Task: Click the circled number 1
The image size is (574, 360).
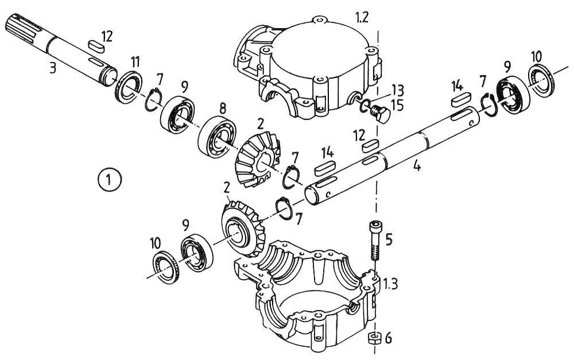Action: [108, 180]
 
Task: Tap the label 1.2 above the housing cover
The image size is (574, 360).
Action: [361, 17]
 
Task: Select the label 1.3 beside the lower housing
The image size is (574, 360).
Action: [390, 283]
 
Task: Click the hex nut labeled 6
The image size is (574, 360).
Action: [373, 338]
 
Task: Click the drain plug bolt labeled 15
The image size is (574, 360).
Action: [379, 113]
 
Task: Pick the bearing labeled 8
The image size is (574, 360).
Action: [217, 137]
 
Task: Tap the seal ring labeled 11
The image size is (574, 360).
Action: [129, 87]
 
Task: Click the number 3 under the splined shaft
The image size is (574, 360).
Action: [53, 68]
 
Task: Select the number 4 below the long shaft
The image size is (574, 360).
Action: [417, 166]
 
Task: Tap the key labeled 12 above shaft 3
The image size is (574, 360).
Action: [96, 45]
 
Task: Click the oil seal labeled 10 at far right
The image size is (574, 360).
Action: [542, 82]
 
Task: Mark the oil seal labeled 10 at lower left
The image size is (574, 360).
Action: [166, 268]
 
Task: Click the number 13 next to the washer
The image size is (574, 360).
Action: [398, 90]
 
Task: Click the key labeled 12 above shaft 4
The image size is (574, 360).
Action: [370, 146]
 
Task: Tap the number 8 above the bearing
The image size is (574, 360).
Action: [223, 109]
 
